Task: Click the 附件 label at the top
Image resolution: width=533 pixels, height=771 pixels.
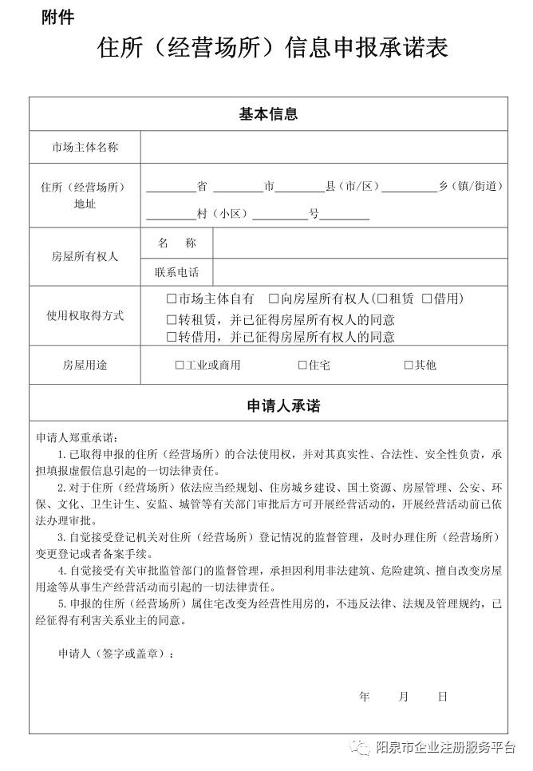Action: pos(57,18)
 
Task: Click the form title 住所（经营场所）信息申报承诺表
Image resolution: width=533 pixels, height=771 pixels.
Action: pos(272,48)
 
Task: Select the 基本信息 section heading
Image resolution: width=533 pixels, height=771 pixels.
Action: pos(268,114)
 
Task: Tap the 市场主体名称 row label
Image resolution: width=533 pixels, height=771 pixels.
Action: pos(85,147)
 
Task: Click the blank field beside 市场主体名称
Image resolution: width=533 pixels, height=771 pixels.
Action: pos(323,147)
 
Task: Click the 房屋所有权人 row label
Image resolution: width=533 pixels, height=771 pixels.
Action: pos(85,257)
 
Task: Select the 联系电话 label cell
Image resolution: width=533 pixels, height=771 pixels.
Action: pos(176,272)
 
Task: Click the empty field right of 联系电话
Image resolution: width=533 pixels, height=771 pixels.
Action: pos(359,272)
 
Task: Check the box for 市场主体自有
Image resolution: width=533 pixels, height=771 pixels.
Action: pos(171,299)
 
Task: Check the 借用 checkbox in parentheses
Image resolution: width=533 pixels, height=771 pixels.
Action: pos(427,299)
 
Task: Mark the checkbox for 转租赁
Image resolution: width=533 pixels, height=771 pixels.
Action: pos(171,320)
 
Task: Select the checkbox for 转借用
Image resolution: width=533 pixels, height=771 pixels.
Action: pos(171,337)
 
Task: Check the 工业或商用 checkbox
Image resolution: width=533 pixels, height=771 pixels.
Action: pos(180,366)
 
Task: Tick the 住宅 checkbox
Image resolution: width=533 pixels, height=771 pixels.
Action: pos(302,366)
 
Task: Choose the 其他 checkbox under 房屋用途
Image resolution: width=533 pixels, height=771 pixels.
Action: pos(409,366)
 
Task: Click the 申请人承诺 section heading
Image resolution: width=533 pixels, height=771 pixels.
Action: pos(268,406)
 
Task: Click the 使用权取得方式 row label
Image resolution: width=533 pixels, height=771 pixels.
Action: pos(85,316)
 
